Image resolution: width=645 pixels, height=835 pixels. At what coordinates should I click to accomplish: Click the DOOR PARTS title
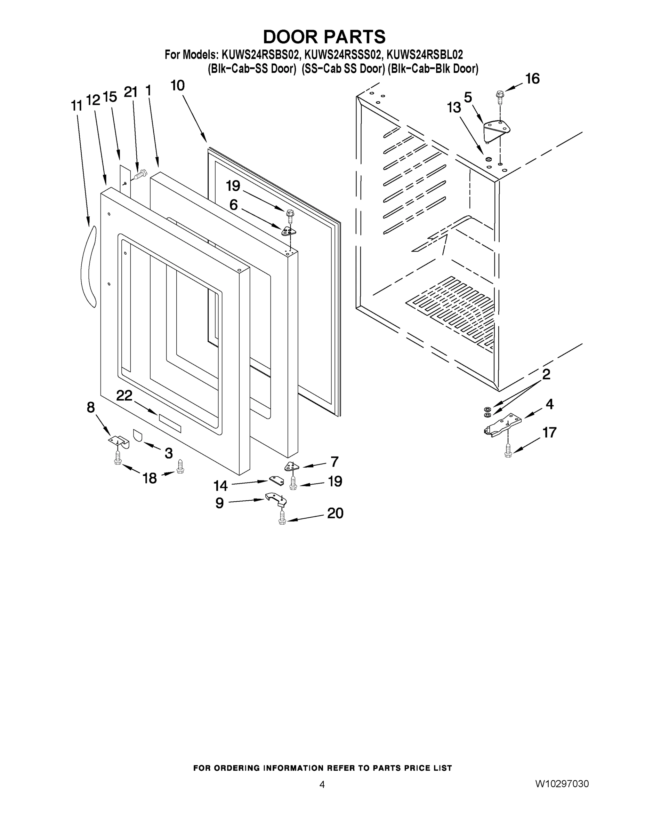pos(324,37)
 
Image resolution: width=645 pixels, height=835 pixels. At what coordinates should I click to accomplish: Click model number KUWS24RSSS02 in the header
pos(343,55)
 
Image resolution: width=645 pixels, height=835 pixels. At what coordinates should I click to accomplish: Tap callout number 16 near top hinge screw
pos(532,79)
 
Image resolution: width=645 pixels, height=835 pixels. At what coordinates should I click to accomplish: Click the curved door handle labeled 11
pos(88,266)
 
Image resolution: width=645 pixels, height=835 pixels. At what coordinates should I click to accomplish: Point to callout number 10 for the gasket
pos(177,86)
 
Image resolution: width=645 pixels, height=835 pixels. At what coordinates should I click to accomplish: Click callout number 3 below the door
pos(169,453)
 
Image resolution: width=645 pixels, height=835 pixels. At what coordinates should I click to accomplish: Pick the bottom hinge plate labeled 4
pos(502,426)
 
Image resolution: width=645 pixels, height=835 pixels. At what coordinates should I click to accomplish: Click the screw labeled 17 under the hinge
pos(508,450)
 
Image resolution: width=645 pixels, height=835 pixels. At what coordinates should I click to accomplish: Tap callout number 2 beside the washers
pos(546,374)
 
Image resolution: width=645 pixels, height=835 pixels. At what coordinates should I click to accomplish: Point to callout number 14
pos(220,486)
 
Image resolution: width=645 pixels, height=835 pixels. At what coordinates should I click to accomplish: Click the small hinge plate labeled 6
pos(289,231)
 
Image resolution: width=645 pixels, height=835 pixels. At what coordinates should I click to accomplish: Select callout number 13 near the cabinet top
pos(454,108)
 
